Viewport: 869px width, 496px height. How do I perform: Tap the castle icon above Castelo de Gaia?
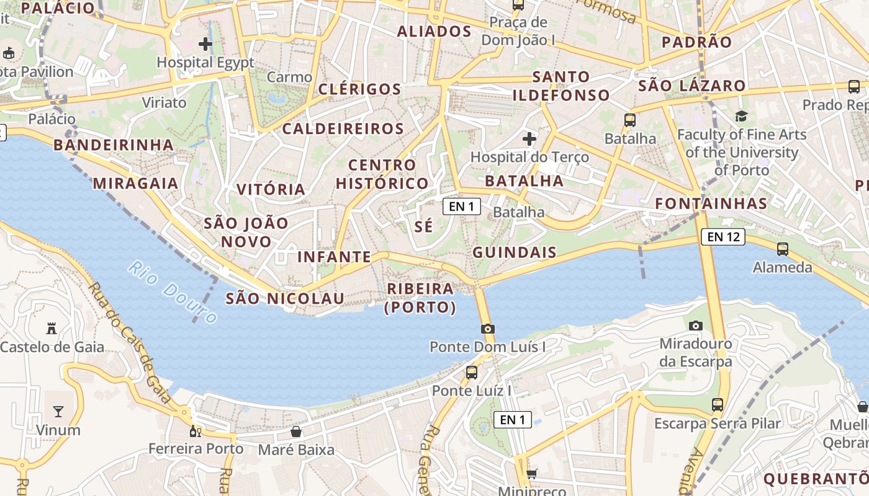pos(52,329)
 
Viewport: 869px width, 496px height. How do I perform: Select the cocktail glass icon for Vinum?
pos(58,411)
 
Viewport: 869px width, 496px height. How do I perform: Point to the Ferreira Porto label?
pos(196,448)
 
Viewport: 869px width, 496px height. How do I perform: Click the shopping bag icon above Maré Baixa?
pos(296,431)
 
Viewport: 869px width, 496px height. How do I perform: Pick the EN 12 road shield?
pos(723,236)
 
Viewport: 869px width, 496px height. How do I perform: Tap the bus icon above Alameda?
pos(782,249)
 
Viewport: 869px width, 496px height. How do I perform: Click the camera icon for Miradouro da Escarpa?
pos(696,325)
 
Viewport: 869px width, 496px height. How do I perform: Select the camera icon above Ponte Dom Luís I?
pos(488,329)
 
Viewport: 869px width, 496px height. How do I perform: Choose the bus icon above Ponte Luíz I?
pos(472,372)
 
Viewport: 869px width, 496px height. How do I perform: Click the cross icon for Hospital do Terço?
pos(529,138)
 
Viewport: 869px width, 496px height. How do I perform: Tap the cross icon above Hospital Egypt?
pos(205,44)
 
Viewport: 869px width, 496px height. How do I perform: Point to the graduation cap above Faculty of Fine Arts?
pos(741,116)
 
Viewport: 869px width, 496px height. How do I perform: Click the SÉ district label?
pos(424,226)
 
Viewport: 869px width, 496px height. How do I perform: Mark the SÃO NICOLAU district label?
pos(285,298)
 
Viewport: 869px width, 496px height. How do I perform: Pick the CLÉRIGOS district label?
pos(360,89)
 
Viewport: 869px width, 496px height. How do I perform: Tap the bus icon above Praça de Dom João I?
pos(518,5)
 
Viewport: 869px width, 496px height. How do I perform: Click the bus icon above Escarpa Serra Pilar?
pos(718,405)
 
